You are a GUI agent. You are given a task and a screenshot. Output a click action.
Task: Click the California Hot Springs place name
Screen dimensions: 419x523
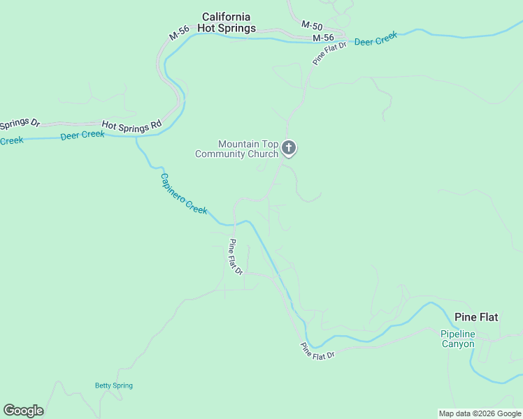226,22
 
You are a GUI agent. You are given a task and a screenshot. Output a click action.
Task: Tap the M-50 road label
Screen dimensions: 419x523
311,24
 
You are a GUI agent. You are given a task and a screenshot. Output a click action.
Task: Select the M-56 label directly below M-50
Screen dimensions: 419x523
323,37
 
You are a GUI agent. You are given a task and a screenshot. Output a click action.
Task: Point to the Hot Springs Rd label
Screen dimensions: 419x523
131,125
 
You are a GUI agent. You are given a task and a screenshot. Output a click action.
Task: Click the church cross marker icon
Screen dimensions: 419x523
289,148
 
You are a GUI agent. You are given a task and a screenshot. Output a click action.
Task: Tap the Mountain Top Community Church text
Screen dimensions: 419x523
237,149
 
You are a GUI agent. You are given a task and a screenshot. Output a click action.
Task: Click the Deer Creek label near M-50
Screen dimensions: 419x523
375,39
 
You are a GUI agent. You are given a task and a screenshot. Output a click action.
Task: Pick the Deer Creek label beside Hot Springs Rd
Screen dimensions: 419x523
83,135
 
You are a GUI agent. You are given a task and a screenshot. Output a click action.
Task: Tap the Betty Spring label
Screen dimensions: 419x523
113,385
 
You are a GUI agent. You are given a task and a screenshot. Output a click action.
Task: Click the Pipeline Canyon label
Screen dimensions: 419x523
457,339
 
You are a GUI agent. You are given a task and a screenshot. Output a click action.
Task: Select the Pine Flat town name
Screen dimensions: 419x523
476,317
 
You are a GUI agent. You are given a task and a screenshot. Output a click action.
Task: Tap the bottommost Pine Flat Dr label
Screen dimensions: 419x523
318,351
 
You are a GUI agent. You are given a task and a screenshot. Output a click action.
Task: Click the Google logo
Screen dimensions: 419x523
23,411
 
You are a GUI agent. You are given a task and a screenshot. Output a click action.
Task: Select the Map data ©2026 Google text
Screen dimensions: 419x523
480,413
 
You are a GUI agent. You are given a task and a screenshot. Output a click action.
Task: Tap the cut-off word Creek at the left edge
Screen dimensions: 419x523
11,140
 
